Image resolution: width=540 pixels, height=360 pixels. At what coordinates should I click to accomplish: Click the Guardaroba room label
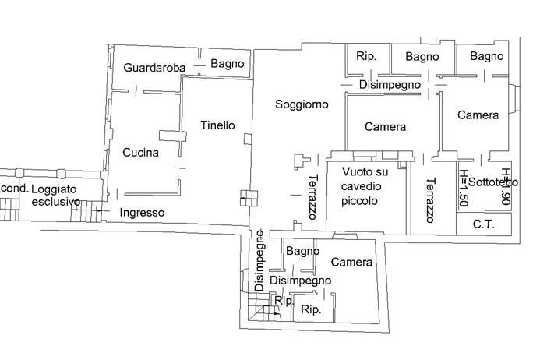(154, 69)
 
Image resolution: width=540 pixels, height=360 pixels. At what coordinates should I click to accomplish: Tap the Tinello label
(217, 125)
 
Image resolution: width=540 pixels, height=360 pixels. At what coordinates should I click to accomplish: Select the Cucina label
(140, 153)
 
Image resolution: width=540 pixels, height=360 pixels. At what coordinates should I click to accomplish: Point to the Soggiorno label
(302, 104)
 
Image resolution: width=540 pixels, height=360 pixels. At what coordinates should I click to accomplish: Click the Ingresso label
(142, 212)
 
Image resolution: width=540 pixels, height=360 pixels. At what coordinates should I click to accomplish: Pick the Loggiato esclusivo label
(55, 196)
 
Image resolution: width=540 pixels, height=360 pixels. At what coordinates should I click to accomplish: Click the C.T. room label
(485, 224)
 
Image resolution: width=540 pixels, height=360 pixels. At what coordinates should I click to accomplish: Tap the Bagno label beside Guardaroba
(228, 64)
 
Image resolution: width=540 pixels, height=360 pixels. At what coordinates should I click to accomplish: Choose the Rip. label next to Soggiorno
(366, 57)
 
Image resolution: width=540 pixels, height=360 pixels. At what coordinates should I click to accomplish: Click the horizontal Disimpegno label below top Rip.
(390, 84)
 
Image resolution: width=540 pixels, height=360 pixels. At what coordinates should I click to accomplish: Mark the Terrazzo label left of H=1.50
(430, 201)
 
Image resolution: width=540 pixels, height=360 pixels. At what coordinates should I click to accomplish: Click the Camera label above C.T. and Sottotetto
(478, 115)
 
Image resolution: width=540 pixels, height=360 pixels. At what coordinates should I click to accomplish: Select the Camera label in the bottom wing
(351, 263)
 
